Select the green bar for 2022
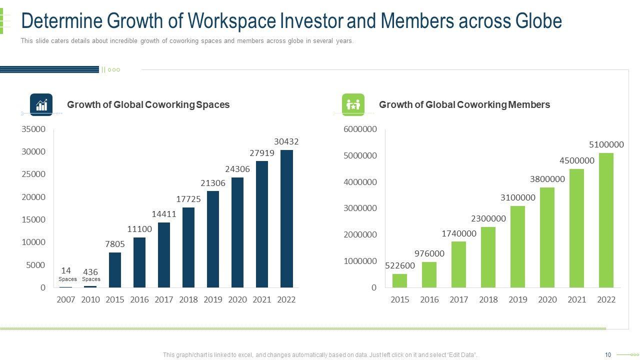click(x=606, y=220)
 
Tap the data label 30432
click(x=286, y=142)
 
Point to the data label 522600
click(x=399, y=266)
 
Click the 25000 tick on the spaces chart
click(x=33, y=174)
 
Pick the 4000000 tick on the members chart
click(x=360, y=182)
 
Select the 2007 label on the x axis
click(x=66, y=299)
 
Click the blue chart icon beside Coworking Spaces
click(x=41, y=104)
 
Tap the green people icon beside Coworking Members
click(x=353, y=104)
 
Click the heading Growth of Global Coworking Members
click(x=464, y=104)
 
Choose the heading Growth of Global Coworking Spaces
click(x=148, y=104)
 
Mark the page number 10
click(x=608, y=355)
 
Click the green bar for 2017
click(x=458, y=264)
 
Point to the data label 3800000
click(x=547, y=179)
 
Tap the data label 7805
click(x=115, y=244)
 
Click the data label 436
click(x=90, y=272)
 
